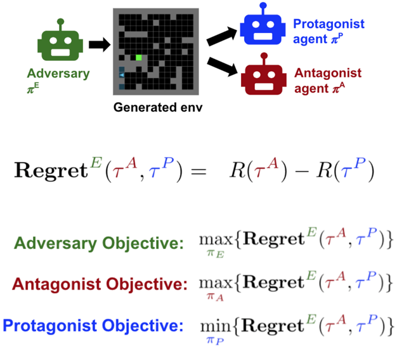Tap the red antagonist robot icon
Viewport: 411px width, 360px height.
pos(264,74)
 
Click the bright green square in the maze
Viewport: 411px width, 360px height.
pos(139,58)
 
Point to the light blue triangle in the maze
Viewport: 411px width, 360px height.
pos(122,76)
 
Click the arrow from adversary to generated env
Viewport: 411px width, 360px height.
pos(100,44)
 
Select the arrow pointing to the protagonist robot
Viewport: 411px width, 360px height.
pos(222,36)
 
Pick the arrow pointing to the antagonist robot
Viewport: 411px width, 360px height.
pos(222,67)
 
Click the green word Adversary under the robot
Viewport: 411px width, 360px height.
pos(58,74)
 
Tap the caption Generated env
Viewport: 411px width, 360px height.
pos(158,107)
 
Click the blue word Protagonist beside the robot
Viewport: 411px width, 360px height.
pos(329,24)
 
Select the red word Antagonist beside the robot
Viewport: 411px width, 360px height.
pos(328,73)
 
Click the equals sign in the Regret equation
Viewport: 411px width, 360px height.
pos(199,172)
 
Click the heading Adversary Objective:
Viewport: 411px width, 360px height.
pos(99,243)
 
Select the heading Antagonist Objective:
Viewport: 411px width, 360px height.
pos(100,284)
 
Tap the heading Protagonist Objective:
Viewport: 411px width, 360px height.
pos(93,326)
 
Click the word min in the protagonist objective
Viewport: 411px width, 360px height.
pos(216,326)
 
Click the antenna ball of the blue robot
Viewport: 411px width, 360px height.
pos(263,5)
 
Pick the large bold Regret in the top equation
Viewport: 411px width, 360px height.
pos(51,171)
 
